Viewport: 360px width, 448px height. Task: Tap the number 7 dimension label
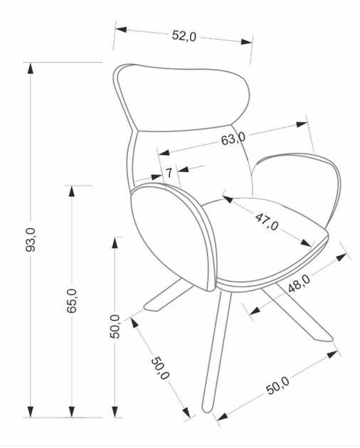point(170,172)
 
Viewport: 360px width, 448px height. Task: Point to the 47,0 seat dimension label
point(267,221)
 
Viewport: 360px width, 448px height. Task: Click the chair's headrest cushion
point(185,96)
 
